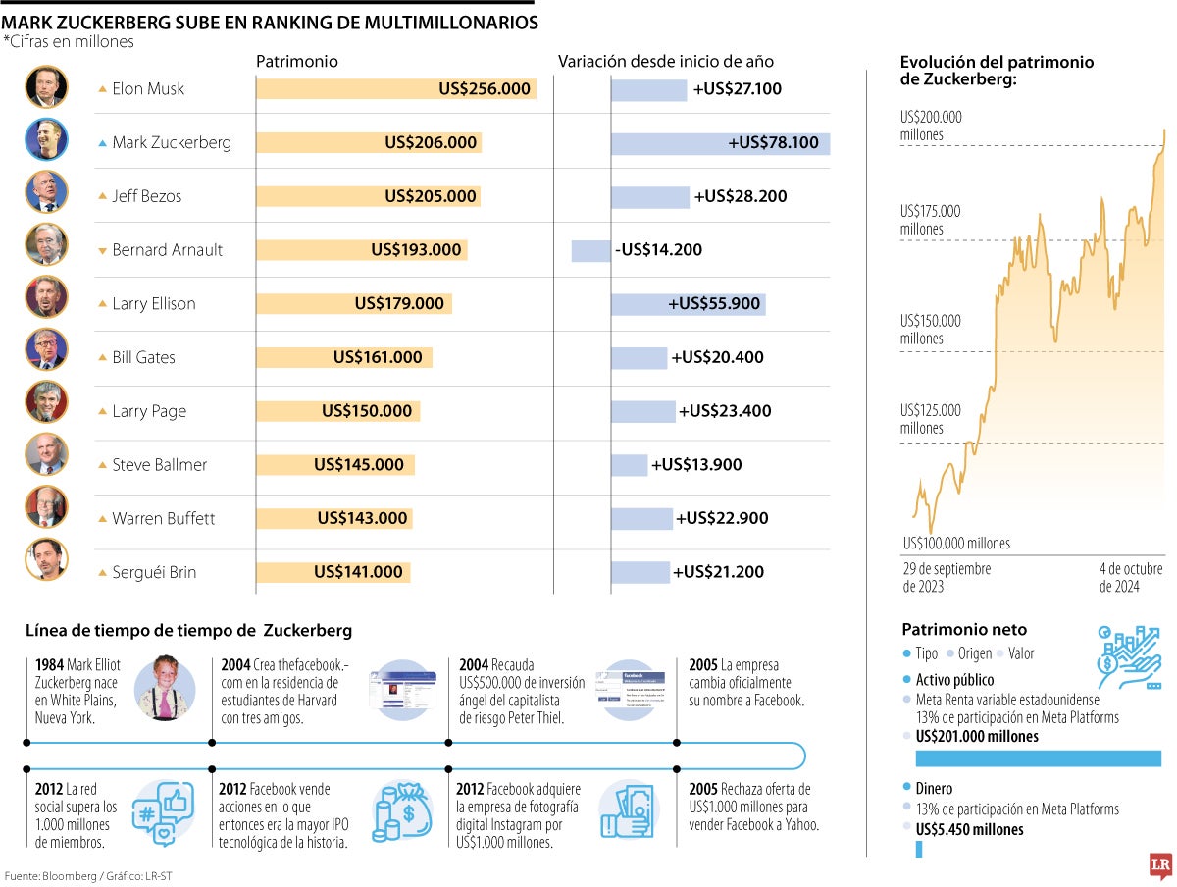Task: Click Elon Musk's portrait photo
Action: pyautogui.click(x=46, y=88)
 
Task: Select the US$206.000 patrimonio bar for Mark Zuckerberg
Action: pyautogui.click(x=369, y=142)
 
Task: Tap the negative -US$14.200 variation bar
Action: pyautogui.click(x=590, y=250)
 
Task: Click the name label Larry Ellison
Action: pyautogui.click(x=153, y=303)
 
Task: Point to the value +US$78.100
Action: pyautogui.click(x=773, y=143)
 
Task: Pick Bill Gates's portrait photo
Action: pyautogui.click(x=46, y=357)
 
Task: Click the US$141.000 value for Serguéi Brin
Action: pyautogui.click(x=358, y=572)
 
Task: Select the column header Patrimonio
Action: pyautogui.click(x=297, y=61)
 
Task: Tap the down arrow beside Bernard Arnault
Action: pyautogui.click(x=103, y=250)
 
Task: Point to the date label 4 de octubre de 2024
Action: pyautogui.click(x=1131, y=578)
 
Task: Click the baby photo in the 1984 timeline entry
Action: pyautogui.click(x=164, y=687)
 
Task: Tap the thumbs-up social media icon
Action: pyautogui.click(x=162, y=810)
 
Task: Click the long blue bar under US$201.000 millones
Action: pyautogui.click(x=1038, y=757)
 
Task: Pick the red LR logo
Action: pyautogui.click(x=1161, y=864)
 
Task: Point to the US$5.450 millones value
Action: pyautogui.click(x=969, y=829)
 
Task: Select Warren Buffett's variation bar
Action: pyautogui.click(x=641, y=518)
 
